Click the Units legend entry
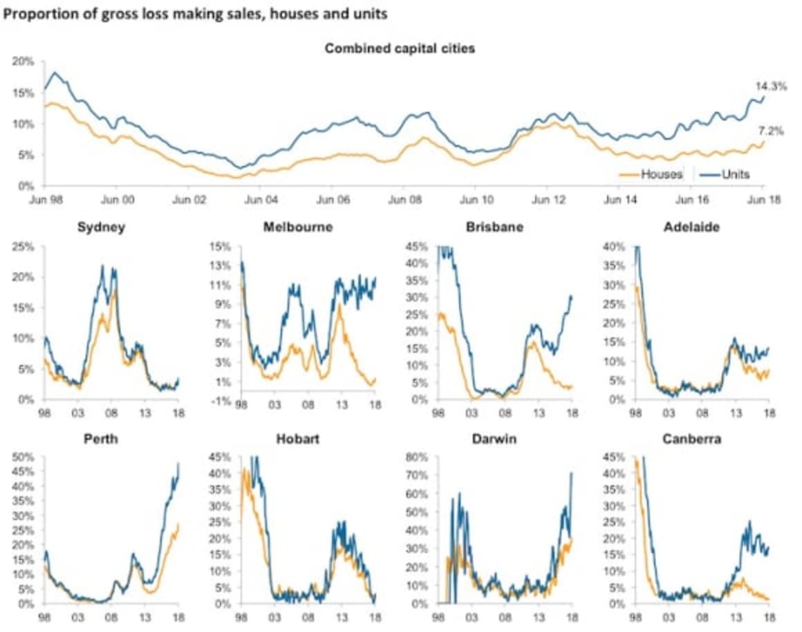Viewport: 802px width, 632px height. click(734, 174)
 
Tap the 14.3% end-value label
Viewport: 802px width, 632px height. click(769, 86)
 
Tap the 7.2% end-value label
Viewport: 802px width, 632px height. click(771, 131)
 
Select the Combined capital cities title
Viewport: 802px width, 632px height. click(400, 48)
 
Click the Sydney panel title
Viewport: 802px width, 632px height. click(101, 227)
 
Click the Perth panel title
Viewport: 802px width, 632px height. click(101, 438)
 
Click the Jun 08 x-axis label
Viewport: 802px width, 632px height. click(404, 200)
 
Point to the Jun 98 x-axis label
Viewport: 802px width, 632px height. click(44, 200)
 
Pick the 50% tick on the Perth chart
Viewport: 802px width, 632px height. click(23, 456)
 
